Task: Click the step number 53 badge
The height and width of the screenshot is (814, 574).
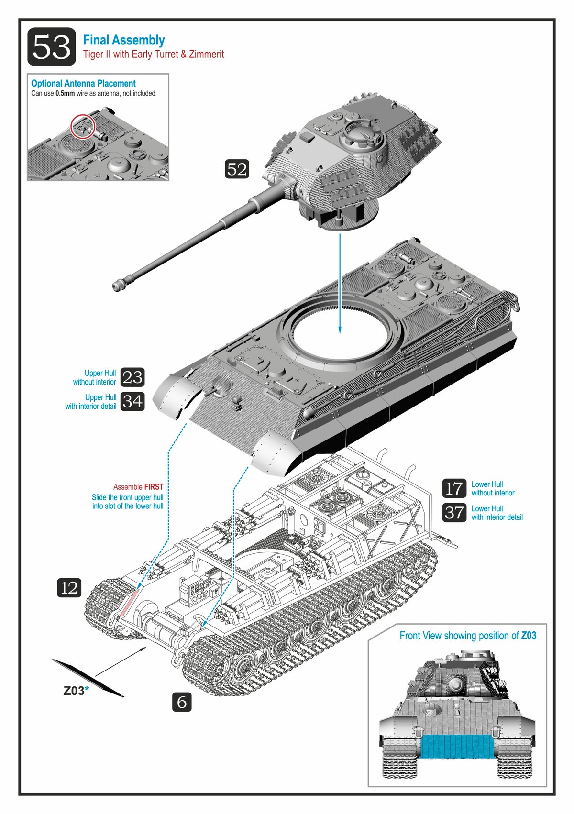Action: tap(52, 47)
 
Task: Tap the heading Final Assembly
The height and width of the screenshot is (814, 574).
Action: tap(124, 40)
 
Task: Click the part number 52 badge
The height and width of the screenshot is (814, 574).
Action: tap(237, 169)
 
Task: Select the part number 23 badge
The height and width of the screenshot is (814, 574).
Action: tap(132, 377)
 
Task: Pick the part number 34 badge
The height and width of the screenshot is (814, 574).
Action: tap(132, 401)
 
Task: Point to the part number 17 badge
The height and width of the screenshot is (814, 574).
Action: tap(454, 488)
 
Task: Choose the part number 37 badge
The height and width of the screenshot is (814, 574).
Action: tap(454, 513)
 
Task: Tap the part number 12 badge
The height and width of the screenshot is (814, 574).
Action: tap(69, 588)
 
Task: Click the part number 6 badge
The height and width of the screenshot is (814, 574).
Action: tap(182, 702)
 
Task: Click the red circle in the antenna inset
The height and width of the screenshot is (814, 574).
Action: tap(83, 127)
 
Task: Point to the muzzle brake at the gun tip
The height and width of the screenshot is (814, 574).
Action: tap(118, 286)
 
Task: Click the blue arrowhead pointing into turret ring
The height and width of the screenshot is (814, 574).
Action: tap(340, 330)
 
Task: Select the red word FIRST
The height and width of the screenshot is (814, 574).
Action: tap(154, 487)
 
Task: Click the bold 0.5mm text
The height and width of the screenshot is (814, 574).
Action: tap(65, 93)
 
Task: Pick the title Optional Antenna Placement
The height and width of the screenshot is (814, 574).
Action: tap(83, 83)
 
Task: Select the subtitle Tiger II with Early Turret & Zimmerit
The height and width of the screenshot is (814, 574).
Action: tap(154, 54)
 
